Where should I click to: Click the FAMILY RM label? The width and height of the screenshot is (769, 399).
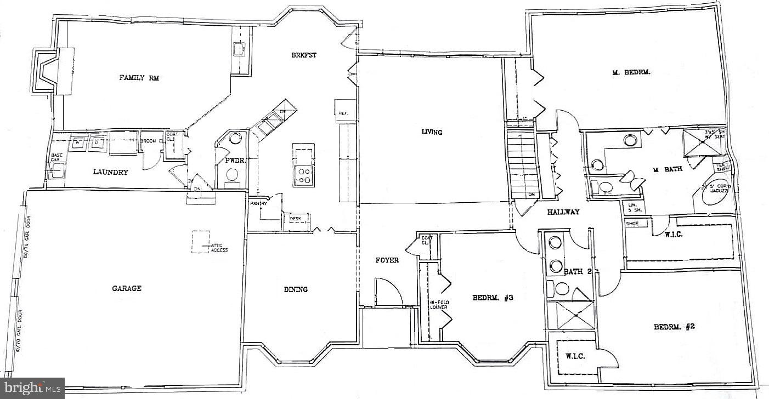point(139,78)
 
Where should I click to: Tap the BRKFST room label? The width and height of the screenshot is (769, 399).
point(304,55)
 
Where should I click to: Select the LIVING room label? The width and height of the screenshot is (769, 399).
point(432,132)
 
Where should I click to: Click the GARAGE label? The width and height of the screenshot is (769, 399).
point(127,288)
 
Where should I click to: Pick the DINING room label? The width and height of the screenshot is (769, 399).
point(296,289)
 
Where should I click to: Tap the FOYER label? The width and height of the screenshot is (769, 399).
point(387,260)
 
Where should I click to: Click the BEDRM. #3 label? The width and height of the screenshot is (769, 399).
point(493,298)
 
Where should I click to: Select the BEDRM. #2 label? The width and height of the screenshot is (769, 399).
point(674,327)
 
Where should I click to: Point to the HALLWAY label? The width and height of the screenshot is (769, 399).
point(563,212)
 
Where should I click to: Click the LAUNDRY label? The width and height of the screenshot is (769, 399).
point(110,172)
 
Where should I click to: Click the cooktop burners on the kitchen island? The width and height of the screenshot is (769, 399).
point(303,175)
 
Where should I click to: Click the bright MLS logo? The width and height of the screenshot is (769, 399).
point(32,388)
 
